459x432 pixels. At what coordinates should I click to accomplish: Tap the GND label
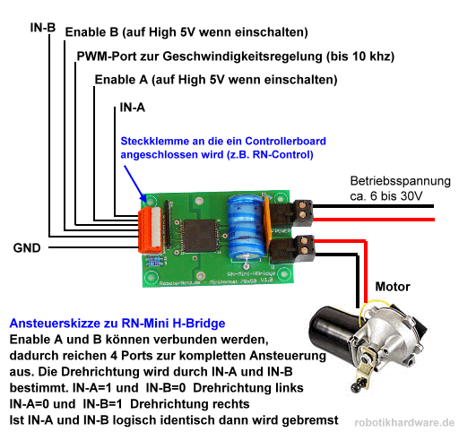coord(25,246)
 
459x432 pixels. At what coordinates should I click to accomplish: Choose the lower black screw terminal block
coord(300,248)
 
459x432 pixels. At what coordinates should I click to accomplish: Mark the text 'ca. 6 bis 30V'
coord(385,194)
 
